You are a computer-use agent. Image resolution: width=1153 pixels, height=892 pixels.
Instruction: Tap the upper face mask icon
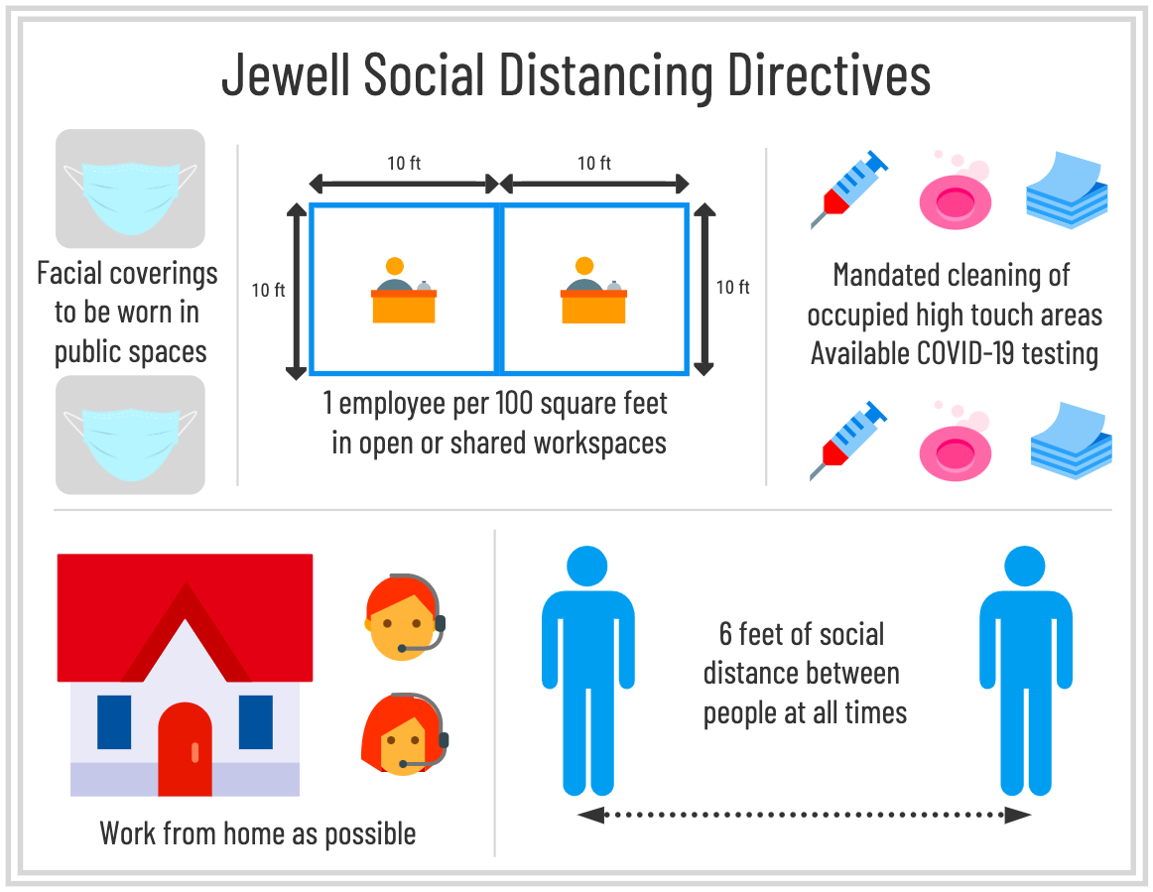tap(130, 189)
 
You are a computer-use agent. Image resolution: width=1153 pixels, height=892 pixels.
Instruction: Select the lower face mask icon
tap(130, 435)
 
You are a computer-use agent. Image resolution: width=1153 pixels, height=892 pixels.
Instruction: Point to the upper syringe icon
tap(848, 188)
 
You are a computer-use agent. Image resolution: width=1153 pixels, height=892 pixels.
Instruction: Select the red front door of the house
tap(186, 748)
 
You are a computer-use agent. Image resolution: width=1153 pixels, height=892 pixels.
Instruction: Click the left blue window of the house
tap(114, 721)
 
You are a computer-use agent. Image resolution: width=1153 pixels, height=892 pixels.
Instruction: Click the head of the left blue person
tap(587, 567)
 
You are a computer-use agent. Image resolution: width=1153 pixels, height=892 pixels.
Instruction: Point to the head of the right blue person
tap(1025, 567)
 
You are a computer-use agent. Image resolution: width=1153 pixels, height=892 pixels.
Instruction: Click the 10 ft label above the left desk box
tap(403, 163)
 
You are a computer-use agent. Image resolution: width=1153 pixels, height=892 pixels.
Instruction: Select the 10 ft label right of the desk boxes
tap(732, 288)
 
